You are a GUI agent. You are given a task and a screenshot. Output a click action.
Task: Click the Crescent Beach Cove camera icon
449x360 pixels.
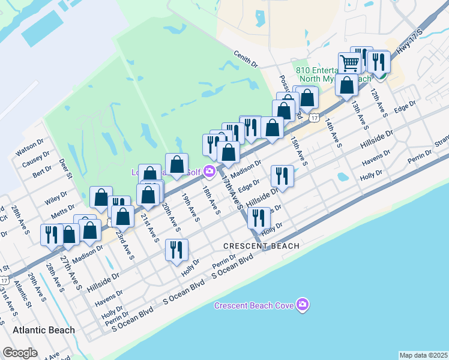pyautogui.click(x=303, y=305)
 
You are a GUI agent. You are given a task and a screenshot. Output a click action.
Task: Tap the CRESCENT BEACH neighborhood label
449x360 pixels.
pyautogui.click(x=261, y=246)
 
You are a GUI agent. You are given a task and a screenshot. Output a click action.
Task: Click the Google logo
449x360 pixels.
pyautogui.click(x=20, y=353)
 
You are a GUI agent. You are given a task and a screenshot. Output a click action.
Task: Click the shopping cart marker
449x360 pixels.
pyautogui.click(x=349, y=62)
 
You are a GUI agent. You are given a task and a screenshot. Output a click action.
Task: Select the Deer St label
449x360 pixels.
pyautogui.click(x=65, y=169)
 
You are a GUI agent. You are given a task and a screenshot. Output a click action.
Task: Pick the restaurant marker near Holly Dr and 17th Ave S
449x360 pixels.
pyautogui.click(x=259, y=218)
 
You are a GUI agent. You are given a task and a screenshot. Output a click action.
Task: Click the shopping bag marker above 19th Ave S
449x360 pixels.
pyautogui.click(x=177, y=164)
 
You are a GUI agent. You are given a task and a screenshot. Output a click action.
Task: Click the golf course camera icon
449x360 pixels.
pyautogui.click(x=209, y=172)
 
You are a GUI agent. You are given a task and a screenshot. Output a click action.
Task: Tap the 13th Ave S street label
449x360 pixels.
pyautogui.click(x=360, y=115)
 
